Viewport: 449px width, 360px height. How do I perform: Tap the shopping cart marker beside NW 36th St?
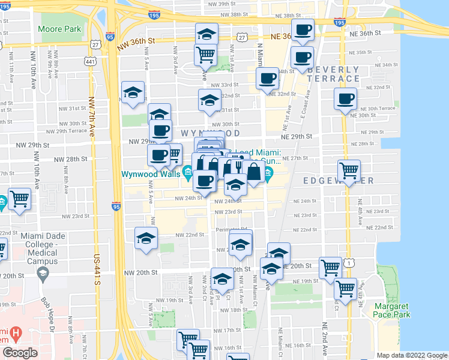click(206, 54)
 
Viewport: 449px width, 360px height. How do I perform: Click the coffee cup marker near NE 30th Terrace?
click(345, 99)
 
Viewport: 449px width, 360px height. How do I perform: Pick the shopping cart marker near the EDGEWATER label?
click(348, 170)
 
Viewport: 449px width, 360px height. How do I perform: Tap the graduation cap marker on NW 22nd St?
click(146, 239)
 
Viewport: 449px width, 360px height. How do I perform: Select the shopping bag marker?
click(255, 172)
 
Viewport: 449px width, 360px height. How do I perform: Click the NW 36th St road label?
click(136, 41)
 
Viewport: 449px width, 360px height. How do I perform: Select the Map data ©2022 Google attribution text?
click(411, 355)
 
